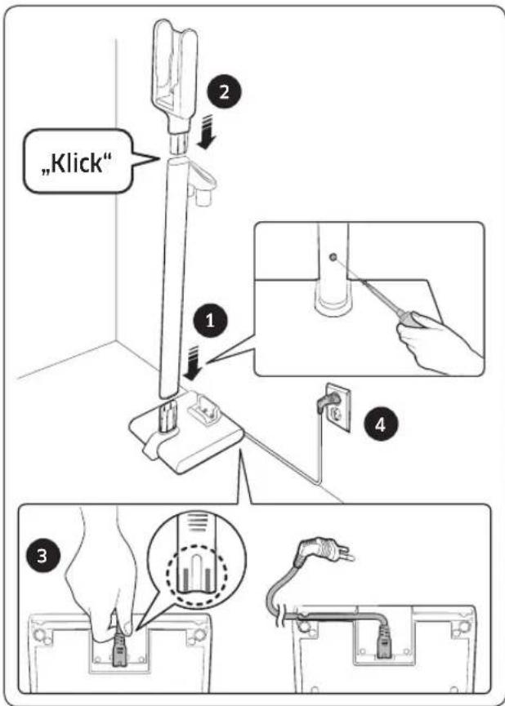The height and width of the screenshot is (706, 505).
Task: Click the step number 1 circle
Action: pos(210,322)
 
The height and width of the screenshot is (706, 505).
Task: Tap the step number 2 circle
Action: pos(224,92)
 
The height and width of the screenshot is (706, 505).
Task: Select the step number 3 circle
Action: pos(42,557)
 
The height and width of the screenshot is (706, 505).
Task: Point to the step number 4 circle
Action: pos(381,424)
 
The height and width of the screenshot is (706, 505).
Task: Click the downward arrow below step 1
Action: pos(194,364)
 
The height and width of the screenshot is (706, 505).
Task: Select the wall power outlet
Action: pos(338,407)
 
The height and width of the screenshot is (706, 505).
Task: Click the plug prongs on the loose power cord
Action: pos(346,555)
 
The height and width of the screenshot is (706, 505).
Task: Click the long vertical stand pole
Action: pos(173,279)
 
